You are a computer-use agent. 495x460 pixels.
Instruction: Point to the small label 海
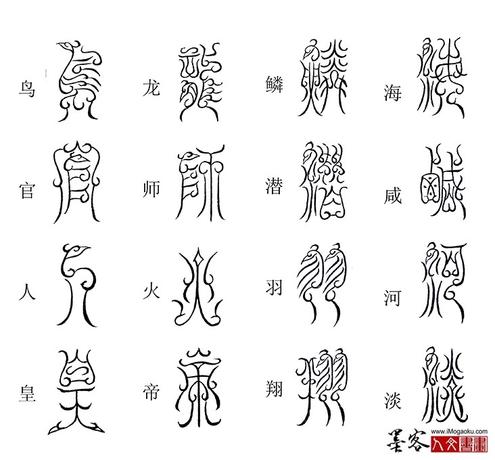click(392, 93)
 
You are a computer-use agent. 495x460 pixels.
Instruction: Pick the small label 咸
click(393, 195)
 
